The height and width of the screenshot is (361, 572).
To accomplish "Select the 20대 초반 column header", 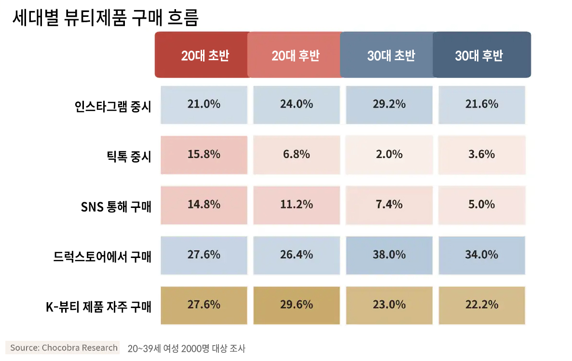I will point(204,55).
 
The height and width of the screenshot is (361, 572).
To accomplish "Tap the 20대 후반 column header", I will point(295,55).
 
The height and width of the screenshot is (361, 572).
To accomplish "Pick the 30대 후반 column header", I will point(479,55).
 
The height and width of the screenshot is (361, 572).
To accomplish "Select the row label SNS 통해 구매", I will point(116,206).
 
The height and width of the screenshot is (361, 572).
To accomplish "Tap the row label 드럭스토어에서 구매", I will point(102,257).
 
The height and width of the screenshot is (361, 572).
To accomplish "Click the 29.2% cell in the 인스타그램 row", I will point(389,104).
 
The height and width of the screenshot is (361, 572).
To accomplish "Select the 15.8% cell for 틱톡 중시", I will point(204,155).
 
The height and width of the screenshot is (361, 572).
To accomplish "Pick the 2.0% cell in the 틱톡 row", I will point(389,155).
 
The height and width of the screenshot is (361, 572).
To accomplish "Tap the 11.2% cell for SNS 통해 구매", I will point(296,205).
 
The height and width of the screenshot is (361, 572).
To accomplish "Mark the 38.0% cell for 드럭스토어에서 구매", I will point(389,255).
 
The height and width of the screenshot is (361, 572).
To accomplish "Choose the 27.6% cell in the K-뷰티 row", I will point(204,305).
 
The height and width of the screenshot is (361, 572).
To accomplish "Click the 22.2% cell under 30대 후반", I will point(481,305).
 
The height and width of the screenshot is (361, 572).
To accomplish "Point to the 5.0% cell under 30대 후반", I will point(481,205).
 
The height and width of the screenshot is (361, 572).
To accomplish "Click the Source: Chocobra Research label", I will point(64,348).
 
